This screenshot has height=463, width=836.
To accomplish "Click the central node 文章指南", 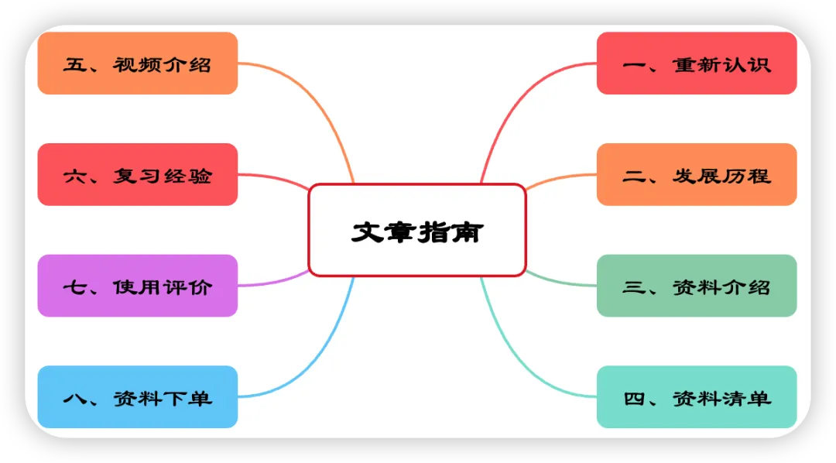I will click(416, 230).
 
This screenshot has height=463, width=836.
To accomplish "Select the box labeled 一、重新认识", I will click(696, 63).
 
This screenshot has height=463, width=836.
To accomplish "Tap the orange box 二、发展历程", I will click(696, 175).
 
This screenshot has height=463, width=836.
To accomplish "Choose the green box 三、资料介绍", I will click(696, 286).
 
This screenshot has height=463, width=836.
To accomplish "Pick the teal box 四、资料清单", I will click(696, 397).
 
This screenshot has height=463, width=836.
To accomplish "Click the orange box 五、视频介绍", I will click(137, 63).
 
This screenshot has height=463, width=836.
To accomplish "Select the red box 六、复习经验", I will click(137, 175).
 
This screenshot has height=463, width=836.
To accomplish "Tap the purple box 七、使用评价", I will click(137, 286).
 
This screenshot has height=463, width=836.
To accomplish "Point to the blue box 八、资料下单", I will click(137, 397).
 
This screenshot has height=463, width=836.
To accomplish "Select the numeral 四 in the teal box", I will click(634, 398).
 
